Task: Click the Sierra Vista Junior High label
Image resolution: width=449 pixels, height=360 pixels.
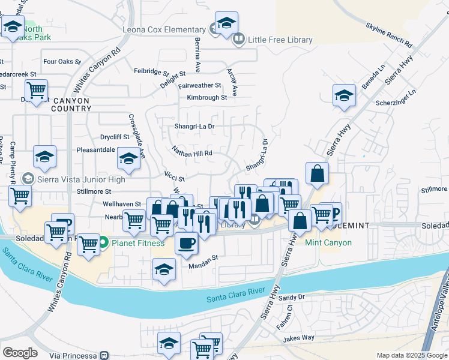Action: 82,179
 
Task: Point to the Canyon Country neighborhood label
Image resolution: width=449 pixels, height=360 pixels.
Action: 71,104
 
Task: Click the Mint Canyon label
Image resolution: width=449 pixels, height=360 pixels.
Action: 328,243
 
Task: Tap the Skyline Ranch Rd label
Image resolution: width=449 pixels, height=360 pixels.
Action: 388,35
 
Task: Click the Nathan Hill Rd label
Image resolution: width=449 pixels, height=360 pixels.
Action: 192,153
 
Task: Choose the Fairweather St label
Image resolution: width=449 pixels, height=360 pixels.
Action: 200,86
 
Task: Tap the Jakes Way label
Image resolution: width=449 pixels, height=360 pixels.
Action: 300,338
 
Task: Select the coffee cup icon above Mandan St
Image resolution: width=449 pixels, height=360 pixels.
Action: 186,243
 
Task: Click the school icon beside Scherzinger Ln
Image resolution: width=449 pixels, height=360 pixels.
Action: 344,95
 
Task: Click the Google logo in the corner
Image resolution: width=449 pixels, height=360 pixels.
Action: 20,353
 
